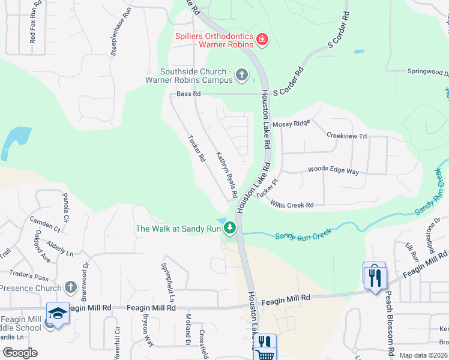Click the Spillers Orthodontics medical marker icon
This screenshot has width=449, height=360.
click(x=262, y=40)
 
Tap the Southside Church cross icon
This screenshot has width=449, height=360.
click(x=242, y=75)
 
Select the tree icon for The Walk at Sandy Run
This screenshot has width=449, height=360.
click(x=229, y=228)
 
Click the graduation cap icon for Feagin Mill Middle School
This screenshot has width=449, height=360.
click(x=58, y=313)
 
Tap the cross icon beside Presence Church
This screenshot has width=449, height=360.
click(x=71, y=287)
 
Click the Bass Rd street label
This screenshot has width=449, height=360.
click(x=188, y=94)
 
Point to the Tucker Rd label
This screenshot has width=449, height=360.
click(x=197, y=148)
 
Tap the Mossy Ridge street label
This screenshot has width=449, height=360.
click(x=291, y=123)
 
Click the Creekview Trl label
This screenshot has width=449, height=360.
click(x=346, y=136)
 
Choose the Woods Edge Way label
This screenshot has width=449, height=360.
click(x=333, y=171)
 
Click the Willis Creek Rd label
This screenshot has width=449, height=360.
click(x=292, y=205)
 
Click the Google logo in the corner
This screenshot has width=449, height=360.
click(x=20, y=352)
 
